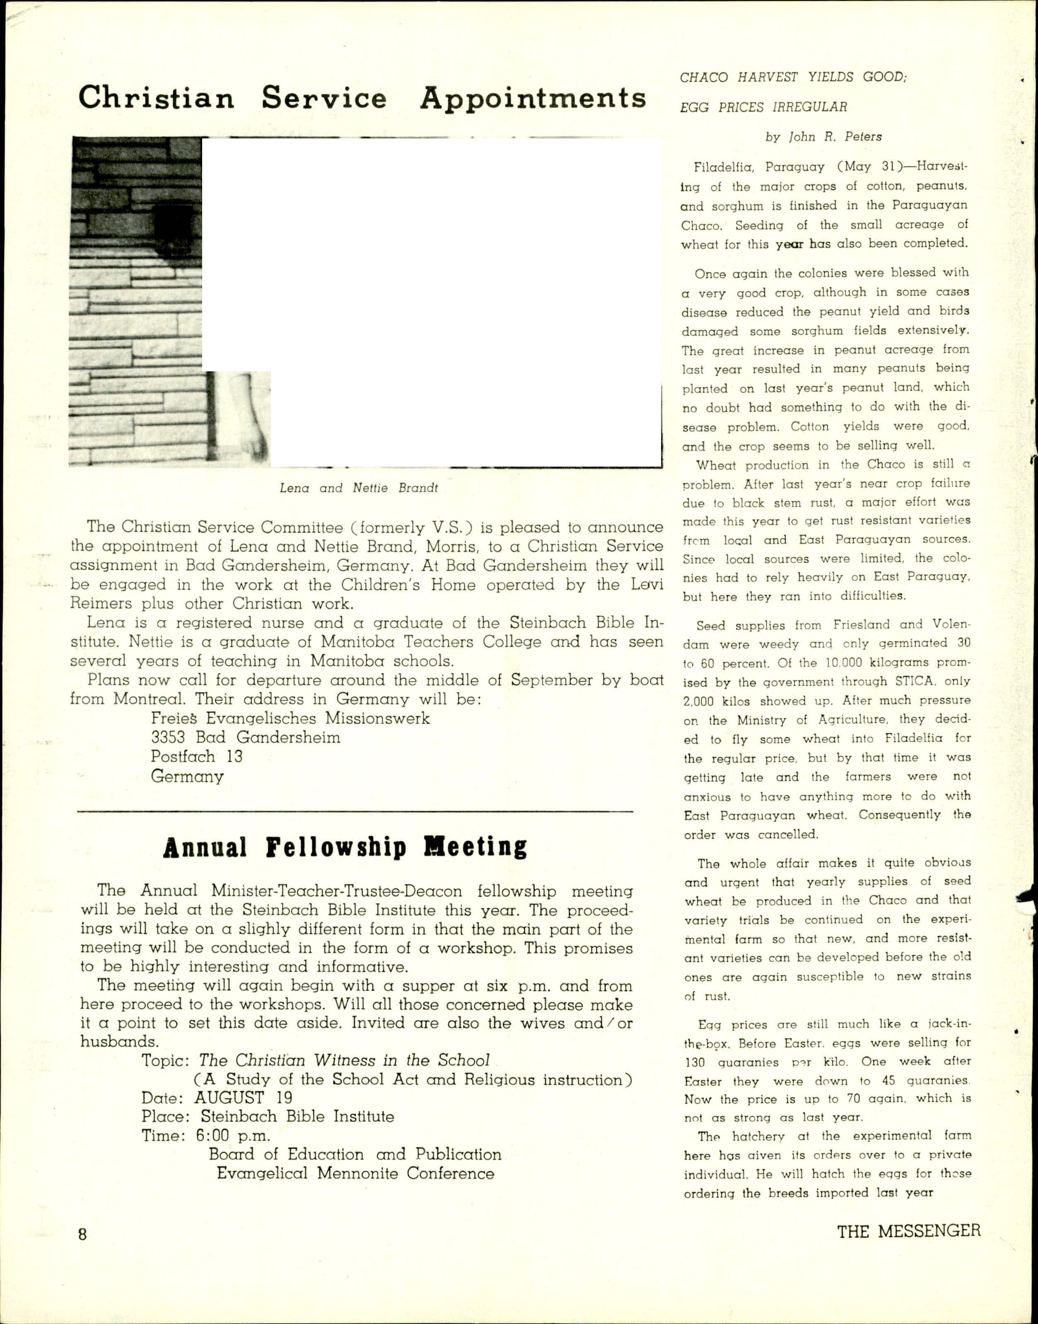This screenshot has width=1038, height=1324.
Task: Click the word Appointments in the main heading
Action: [x=532, y=99]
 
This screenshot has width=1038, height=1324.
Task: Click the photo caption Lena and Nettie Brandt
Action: [x=359, y=487]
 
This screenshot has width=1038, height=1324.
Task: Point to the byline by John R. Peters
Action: [x=823, y=137]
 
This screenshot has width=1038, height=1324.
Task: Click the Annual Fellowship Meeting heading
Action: [x=345, y=847]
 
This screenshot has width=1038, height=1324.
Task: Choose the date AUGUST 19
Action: [x=243, y=1097]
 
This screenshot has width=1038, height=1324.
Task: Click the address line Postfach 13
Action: [x=196, y=756]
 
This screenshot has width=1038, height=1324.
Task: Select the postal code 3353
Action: [x=168, y=737]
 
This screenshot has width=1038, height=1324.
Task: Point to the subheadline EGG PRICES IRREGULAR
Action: [x=763, y=107]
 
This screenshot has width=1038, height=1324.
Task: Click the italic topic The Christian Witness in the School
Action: [x=344, y=1060]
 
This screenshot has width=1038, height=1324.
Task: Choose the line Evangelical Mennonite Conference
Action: [x=355, y=1173]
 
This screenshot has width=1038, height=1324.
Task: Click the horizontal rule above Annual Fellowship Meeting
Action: [x=355, y=811]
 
